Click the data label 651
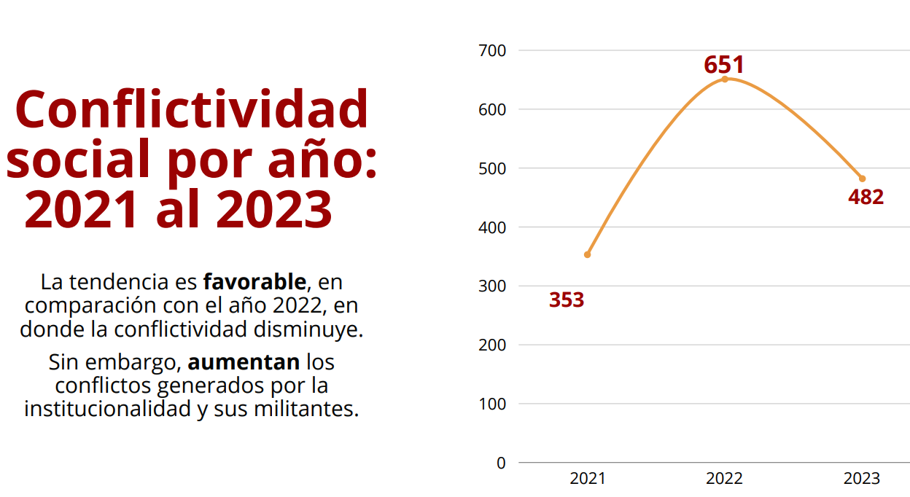(x=723, y=65)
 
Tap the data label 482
(x=866, y=197)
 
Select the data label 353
(x=567, y=300)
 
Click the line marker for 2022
(x=725, y=79)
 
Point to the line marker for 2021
(x=587, y=254)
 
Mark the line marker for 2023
(x=862, y=179)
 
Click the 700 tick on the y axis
(x=491, y=50)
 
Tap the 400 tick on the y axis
(x=491, y=227)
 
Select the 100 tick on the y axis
(x=491, y=404)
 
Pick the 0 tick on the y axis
(x=500, y=463)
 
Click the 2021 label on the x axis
(x=587, y=479)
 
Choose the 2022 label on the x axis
(x=724, y=479)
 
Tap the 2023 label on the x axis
(x=862, y=479)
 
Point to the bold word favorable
(x=254, y=281)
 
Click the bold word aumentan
(x=244, y=361)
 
